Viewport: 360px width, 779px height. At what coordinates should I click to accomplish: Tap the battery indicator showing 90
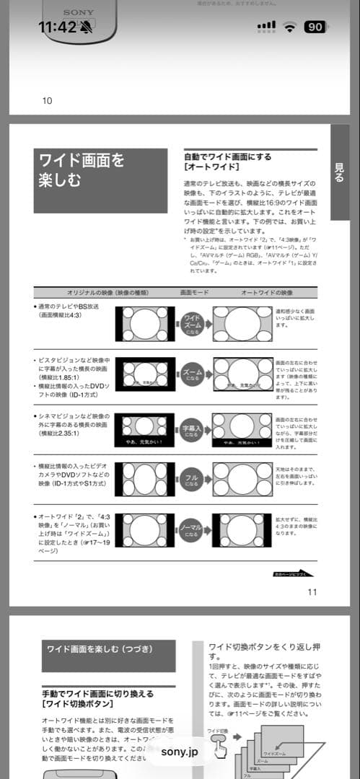click(x=315, y=27)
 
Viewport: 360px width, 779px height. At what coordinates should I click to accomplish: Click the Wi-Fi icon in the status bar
click(x=290, y=27)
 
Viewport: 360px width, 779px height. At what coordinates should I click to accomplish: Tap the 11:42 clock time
click(x=57, y=27)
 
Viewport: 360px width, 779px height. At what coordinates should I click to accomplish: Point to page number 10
click(x=47, y=101)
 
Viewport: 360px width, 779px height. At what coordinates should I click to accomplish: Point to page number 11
click(x=312, y=592)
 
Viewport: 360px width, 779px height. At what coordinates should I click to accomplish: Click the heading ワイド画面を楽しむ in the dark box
click(x=81, y=170)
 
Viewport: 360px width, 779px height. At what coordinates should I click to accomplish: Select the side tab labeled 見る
click(x=340, y=172)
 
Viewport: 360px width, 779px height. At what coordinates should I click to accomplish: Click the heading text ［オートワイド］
click(x=208, y=167)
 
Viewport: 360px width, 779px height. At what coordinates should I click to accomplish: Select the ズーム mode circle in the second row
click(x=192, y=374)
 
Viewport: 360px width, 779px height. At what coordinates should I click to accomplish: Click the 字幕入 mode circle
click(x=192, y=429)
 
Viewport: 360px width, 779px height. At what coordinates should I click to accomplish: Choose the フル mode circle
click(x=192, y=479)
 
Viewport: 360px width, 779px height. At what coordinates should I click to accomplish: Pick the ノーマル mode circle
click(x=192, y=531)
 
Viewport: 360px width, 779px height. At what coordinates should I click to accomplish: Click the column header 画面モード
click(x=195, y=293)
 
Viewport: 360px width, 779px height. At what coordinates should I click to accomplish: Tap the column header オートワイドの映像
click(x=267, y=293)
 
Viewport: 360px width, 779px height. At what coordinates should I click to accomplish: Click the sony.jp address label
click(x=179, y=752)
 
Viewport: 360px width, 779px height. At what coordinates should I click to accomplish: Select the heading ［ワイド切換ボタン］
click(x=77, y=703)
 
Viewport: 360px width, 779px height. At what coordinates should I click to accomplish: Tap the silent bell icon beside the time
click(x=87, y=27)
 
